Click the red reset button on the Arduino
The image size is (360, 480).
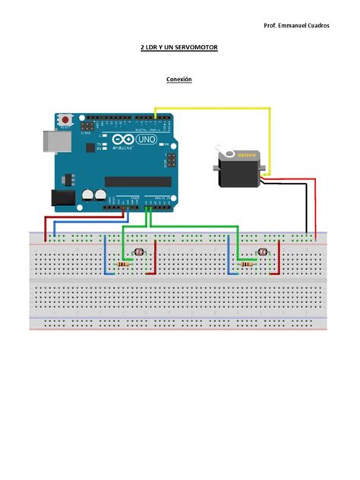point(67,120)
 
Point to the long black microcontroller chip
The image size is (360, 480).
point(137,181)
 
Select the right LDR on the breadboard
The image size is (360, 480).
point(262,251)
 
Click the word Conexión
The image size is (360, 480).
point(179,79)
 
